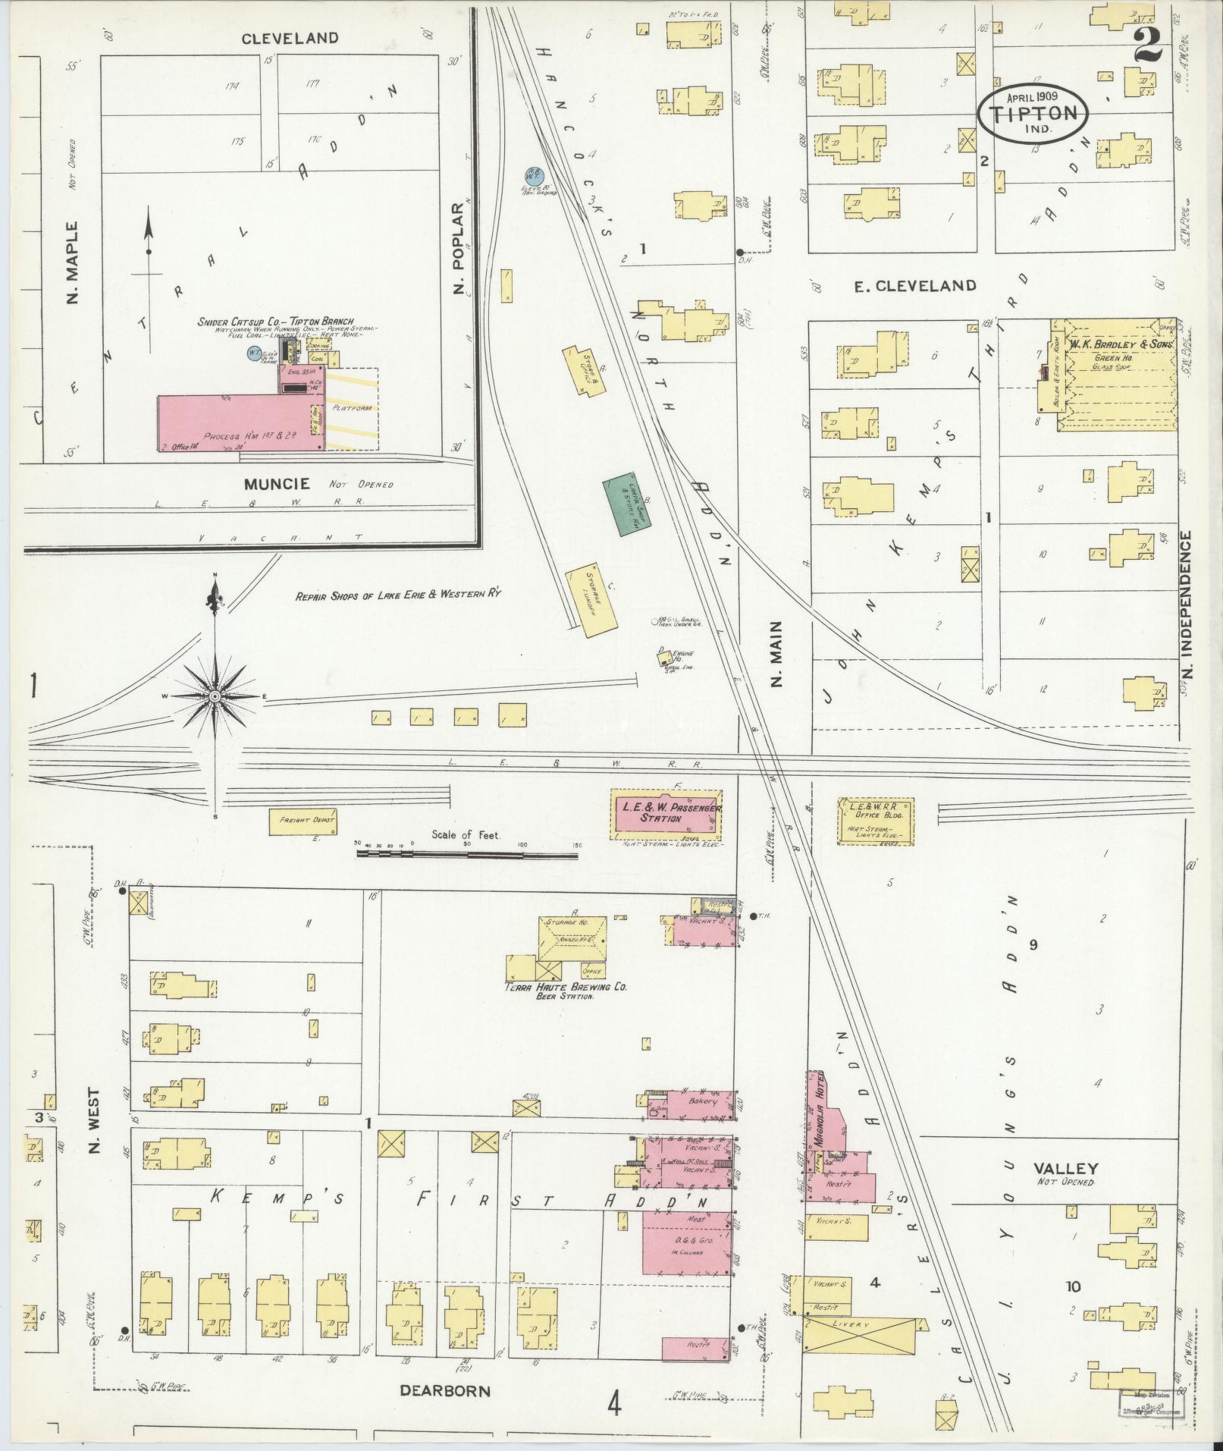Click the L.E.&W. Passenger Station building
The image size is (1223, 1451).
tap(666, 814)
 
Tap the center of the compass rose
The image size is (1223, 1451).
tap(215, 696)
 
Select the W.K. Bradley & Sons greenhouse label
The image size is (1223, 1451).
tap(1121, 344)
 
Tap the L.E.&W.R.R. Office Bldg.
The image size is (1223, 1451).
tap(876, 821)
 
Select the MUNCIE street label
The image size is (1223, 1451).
tap(276, 483)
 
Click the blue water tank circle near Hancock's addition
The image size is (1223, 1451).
tap(535, 175)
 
